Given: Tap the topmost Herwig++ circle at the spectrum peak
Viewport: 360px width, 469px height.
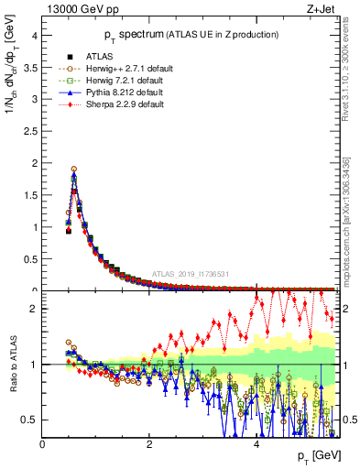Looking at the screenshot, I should coord(73,169).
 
